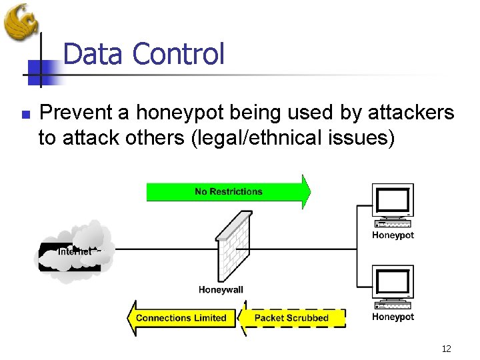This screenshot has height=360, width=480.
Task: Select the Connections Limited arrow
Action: pos(181,318)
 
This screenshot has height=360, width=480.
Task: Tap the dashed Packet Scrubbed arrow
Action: pos(293,318)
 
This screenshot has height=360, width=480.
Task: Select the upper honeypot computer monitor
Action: pos(393,203)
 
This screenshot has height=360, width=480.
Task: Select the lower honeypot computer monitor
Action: pos(393,285)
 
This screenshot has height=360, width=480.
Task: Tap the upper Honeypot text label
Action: pos(393,235)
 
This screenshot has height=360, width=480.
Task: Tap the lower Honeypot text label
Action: pos(393,317)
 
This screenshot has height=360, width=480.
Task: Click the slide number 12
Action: pos(446,349)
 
